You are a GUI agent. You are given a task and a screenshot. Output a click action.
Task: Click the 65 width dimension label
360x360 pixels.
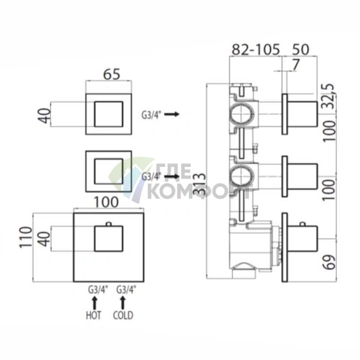pos(112,74)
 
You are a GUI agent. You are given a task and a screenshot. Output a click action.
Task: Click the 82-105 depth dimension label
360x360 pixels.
pos(255,49)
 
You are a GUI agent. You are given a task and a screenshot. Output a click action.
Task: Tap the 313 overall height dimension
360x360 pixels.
pos(200,184)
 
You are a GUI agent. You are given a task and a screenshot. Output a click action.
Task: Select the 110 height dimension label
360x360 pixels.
pos(26,237)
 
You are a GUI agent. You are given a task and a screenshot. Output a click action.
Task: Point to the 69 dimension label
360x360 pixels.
pos(330,262)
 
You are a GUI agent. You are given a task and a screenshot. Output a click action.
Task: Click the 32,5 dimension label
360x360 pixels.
pos(329,96)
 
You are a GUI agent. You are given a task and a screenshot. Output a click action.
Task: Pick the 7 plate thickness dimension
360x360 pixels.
pos(295,65)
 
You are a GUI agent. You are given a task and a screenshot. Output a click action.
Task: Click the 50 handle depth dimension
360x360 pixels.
pos(300,49)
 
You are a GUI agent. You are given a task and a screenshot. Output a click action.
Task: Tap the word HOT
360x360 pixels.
pos(94,315)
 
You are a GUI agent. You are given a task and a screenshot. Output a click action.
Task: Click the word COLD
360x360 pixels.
pos(123,315)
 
